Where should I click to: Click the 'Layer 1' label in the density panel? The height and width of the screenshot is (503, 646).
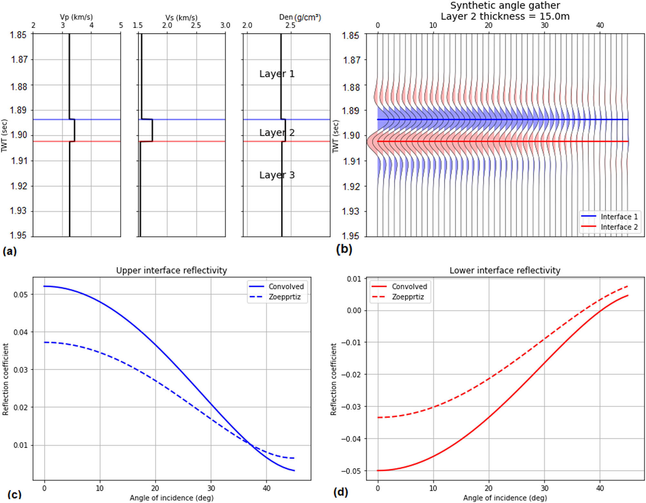(x=277, y=74)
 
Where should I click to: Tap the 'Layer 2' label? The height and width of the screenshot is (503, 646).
(x=277, y=132)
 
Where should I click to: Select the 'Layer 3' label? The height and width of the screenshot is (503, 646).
(x=277, y=175)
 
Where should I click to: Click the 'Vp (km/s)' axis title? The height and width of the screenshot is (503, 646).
(x=76, y=17)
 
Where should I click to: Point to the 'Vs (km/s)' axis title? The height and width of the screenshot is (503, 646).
(x=181, y=17)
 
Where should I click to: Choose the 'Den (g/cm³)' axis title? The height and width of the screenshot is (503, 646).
(x=300, y=17)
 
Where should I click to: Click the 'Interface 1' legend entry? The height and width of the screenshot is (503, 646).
(x=619, y=217)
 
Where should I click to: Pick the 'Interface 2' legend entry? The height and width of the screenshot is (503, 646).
(x=619, y=227)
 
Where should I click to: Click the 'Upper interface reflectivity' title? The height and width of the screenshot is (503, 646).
(x=171, y=270)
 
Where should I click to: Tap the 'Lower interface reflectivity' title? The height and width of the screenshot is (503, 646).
(x=505, y=270)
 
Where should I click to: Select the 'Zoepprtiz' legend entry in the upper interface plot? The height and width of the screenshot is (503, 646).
(x=284, y=297)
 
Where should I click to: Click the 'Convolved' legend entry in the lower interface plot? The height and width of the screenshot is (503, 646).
(x=409, y=287)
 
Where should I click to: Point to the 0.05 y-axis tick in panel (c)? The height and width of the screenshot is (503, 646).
(x=21, y=294)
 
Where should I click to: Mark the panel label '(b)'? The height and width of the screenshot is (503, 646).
(x=344, y=249)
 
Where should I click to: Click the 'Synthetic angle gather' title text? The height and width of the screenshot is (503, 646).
(x=505, y=5)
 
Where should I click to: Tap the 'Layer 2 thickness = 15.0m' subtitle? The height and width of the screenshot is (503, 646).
(x=505, y=16)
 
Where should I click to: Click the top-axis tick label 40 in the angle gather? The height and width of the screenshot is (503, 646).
(x=600, y=25)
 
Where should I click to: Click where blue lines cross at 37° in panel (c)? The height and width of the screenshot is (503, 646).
(x=250, y=444)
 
